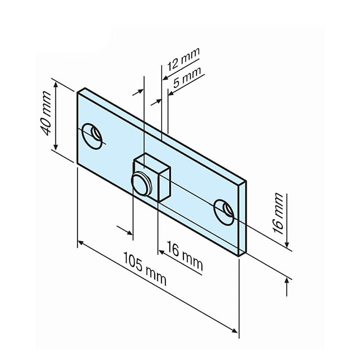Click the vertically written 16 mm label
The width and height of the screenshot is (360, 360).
click(279, 213)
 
